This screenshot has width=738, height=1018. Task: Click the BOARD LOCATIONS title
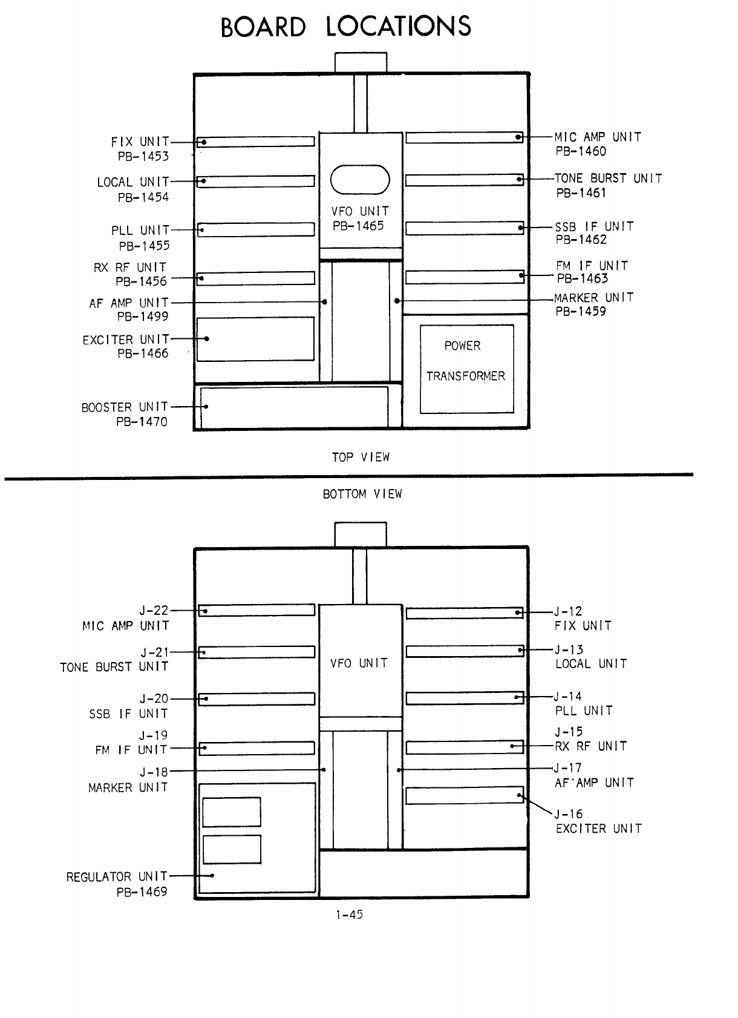tap(345, 27)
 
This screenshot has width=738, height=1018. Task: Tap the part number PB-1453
tap(143, 156)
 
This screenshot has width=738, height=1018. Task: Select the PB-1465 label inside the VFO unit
tap(358, 226)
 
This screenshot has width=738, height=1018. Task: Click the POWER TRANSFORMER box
tap(466, 369)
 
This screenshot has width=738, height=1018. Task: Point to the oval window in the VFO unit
tap(361, 180)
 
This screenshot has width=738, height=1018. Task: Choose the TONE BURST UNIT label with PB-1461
tap(608, 185)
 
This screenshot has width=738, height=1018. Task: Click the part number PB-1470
tap(142, 421)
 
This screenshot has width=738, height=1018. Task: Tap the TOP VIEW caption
tap(361, 458)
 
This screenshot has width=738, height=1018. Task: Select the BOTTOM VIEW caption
tap(362, 494)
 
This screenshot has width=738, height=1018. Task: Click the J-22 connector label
tap(154, 611)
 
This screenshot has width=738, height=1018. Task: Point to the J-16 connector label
tap(569, 814)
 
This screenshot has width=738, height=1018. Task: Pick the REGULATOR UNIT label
tap(117, 876)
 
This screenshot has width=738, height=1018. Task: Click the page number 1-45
tap(349, 915)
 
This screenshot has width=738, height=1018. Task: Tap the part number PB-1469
tap(142, 892)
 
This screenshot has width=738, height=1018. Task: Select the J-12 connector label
tap(569, 611)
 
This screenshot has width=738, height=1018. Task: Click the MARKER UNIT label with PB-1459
tap(593, 304)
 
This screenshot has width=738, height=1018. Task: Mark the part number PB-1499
tap(143, 316)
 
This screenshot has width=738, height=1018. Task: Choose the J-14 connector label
tap(569, 697)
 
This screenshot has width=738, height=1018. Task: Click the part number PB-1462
tap(581, 239)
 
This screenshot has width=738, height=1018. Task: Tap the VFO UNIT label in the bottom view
tap(359, 663)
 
